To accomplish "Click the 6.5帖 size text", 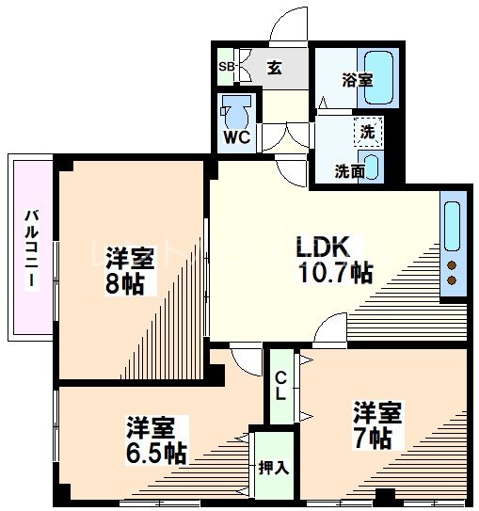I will (x=156, y=453).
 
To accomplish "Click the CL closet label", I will (x=280, y=387).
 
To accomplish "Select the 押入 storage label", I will (x=274, y=467).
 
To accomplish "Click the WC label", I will (x=235, y=137).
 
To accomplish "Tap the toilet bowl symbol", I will (x=238, y=110).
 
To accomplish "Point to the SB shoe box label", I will (x=227, y=67).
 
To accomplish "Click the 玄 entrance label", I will (x=274, y=68).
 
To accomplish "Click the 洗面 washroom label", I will (x=350, y=170).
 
